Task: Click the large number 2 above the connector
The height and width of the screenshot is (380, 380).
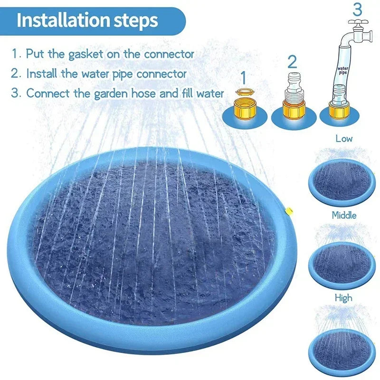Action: pyautogui.click(x=292, y=61)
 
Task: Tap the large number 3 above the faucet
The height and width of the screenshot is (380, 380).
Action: pyautogui.click(x=357, y=9)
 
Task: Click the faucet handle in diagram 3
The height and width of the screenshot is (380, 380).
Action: pyautogui.click(x=357, y=22)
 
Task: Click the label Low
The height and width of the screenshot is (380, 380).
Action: pyautogui.click(x=344, y=139)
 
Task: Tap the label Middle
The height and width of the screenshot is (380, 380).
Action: pyautogui.click(x=344, y=215)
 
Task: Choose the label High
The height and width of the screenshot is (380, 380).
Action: pyautogui.click(x=343, y=298)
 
